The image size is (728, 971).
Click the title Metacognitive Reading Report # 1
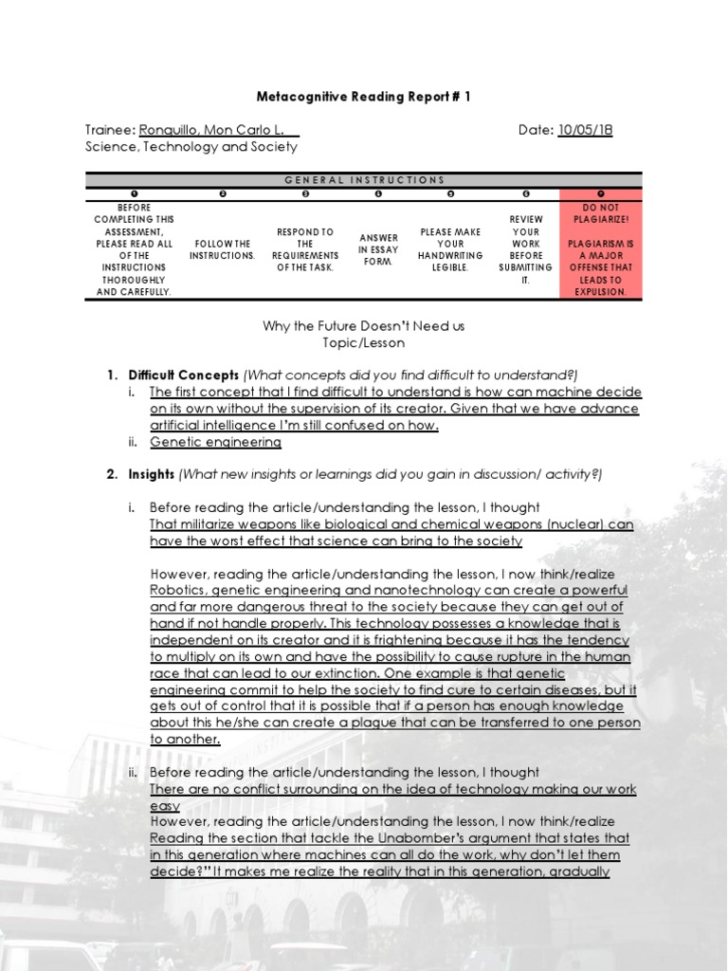coord(363,97)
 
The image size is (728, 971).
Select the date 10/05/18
coord(584,130)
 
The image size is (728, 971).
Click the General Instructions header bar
coord(364,179)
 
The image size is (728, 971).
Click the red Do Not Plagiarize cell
coord(600,249)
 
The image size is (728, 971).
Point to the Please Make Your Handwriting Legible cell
coord(450,249)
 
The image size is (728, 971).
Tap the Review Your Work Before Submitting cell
coord(526,249)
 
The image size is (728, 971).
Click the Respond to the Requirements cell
coord(305,249)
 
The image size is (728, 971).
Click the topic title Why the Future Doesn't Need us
coord(363,326)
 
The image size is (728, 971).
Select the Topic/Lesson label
coord(363,342)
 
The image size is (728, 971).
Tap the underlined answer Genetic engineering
coord(215,442)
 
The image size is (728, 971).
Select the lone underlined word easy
coord(165,805)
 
